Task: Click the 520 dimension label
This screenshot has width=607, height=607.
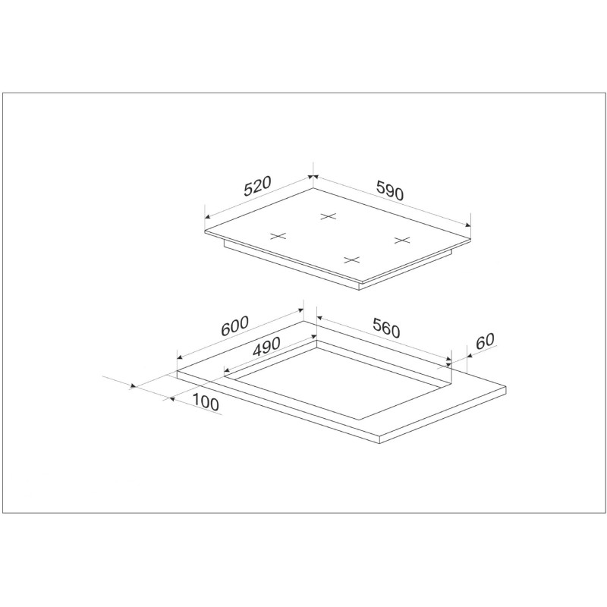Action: [258, 186]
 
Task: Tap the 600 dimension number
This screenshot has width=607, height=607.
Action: [234, 326]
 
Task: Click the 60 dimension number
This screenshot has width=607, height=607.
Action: [485, 341]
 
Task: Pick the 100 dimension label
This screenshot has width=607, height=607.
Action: [205, 401]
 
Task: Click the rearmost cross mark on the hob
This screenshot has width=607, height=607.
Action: [329, 216]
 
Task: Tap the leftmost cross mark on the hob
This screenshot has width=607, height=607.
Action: [278, 236]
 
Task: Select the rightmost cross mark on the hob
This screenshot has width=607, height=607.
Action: [402, 240]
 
